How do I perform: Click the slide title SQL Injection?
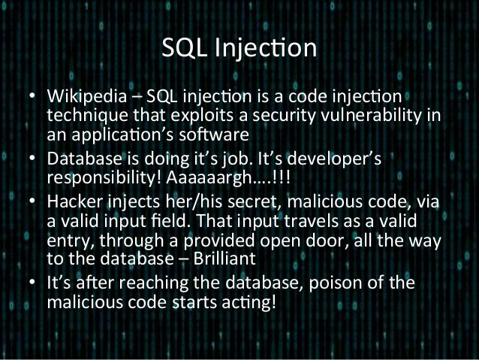point(239,49)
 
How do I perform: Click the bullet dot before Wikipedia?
point(34,98)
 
